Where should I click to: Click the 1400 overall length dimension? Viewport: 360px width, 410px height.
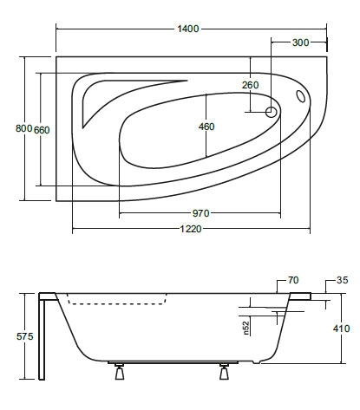[x=188, y=29]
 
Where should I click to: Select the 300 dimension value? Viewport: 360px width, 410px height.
[x=300, y=42]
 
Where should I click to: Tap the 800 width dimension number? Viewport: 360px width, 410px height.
[x=23, y=128]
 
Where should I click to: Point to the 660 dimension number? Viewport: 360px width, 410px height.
[x=42, y=130]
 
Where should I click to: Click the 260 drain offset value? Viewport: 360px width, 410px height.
[x=251, y=85]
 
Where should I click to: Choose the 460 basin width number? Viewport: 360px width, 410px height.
[x=206, y=127]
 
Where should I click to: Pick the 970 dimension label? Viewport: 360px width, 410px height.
[x=200, y=213]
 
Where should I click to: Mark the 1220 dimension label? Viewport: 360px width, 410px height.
[x=191, y=229]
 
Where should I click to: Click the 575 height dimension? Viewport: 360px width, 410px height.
[x=25, y=336]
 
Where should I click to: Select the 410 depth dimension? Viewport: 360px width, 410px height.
[x=341, y=329]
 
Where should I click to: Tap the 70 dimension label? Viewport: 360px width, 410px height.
[x=293, y=280]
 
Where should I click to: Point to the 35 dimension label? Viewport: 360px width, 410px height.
[x=343, y=280]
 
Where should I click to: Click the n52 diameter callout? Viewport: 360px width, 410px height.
[x=246, y=329]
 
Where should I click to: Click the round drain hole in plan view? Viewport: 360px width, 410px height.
[x=272, y=112]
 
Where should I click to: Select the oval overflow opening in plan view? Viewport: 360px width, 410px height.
[x=300, y=96]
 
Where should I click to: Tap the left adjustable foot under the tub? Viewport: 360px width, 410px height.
[x=120, y=372]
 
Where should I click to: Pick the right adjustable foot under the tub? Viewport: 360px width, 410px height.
[x=224, y=372]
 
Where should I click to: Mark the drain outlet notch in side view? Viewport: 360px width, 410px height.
[x=257, y=362]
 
